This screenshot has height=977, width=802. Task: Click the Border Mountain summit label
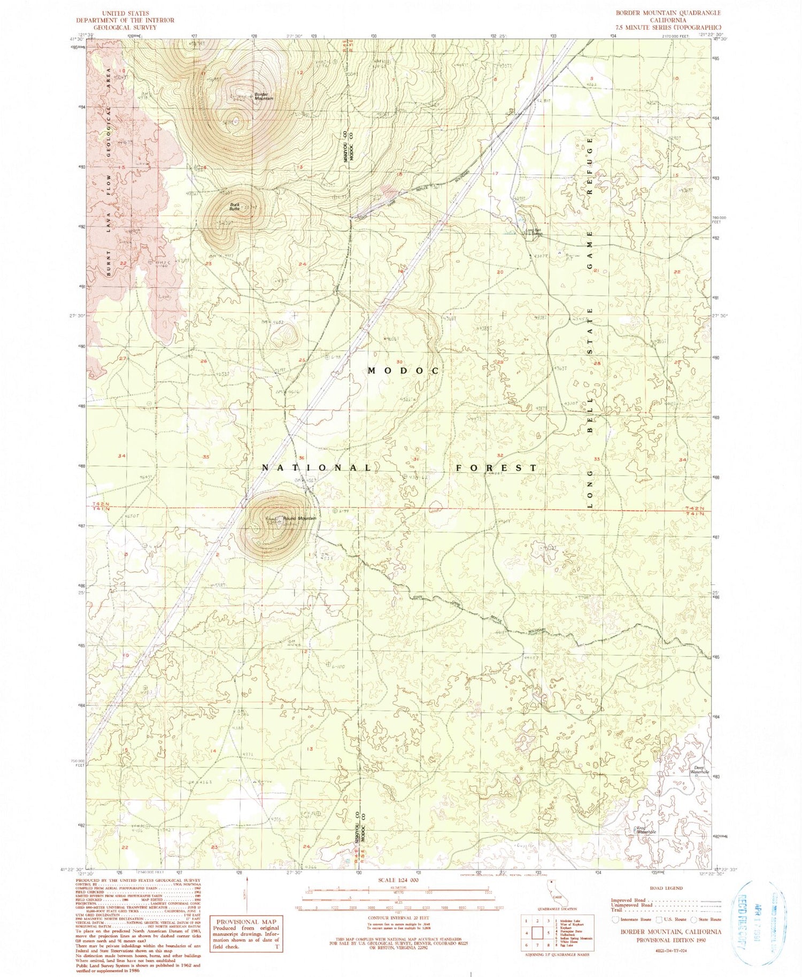click(x=264, y=97)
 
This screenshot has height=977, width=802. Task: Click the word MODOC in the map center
click(x=403, y=371)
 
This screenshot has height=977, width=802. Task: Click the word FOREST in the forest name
click(x=496, y=468)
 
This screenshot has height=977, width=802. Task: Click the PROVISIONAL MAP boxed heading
click(x=246, y=922)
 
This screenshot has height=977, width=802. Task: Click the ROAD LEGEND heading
click(x=666, y=888)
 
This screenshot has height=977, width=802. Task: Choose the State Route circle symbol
click(x=694, y=919)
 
